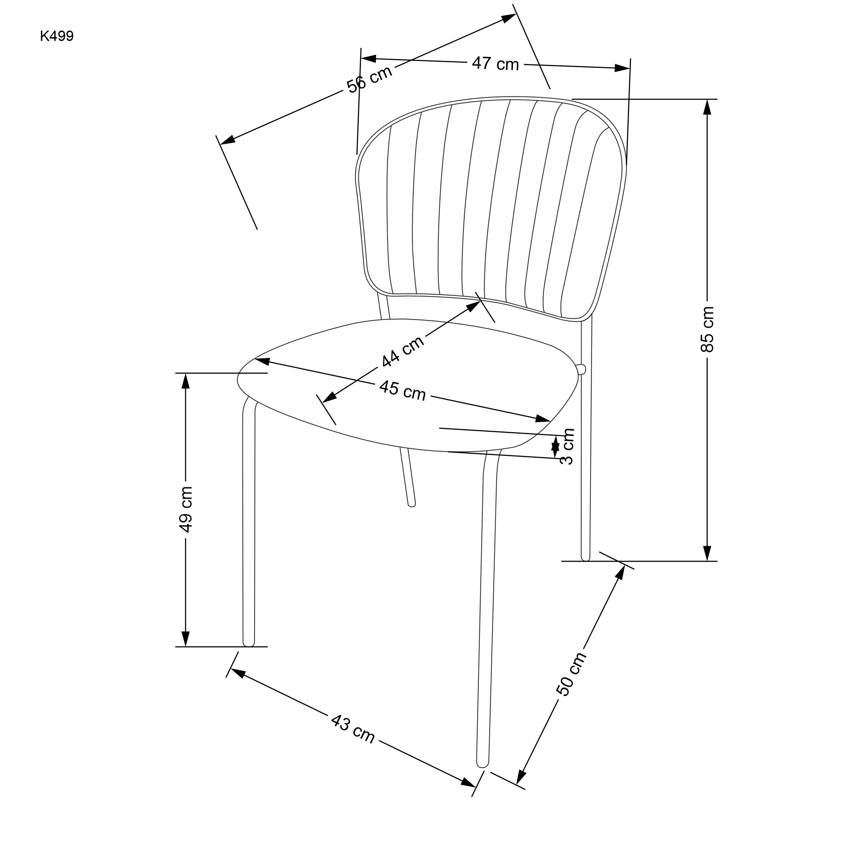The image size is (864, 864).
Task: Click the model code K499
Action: point(57,36)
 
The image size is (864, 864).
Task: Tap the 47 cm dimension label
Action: point(495,64)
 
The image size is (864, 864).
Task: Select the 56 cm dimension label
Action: point(369,79)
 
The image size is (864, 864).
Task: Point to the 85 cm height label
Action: point(707,329)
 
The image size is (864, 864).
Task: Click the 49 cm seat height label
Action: point(186,509)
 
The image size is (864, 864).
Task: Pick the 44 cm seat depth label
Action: point(403,351)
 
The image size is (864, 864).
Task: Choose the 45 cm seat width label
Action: point(403,390)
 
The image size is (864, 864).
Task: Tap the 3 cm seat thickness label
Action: point(567,446)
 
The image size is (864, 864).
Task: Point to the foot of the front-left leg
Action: point(249,643)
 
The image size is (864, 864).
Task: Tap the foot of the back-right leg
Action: point(585,557)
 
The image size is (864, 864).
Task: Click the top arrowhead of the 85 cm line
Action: point(707,107)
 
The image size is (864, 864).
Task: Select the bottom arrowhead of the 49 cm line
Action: point(186,639)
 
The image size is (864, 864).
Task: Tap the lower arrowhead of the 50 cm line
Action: point(521,777)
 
